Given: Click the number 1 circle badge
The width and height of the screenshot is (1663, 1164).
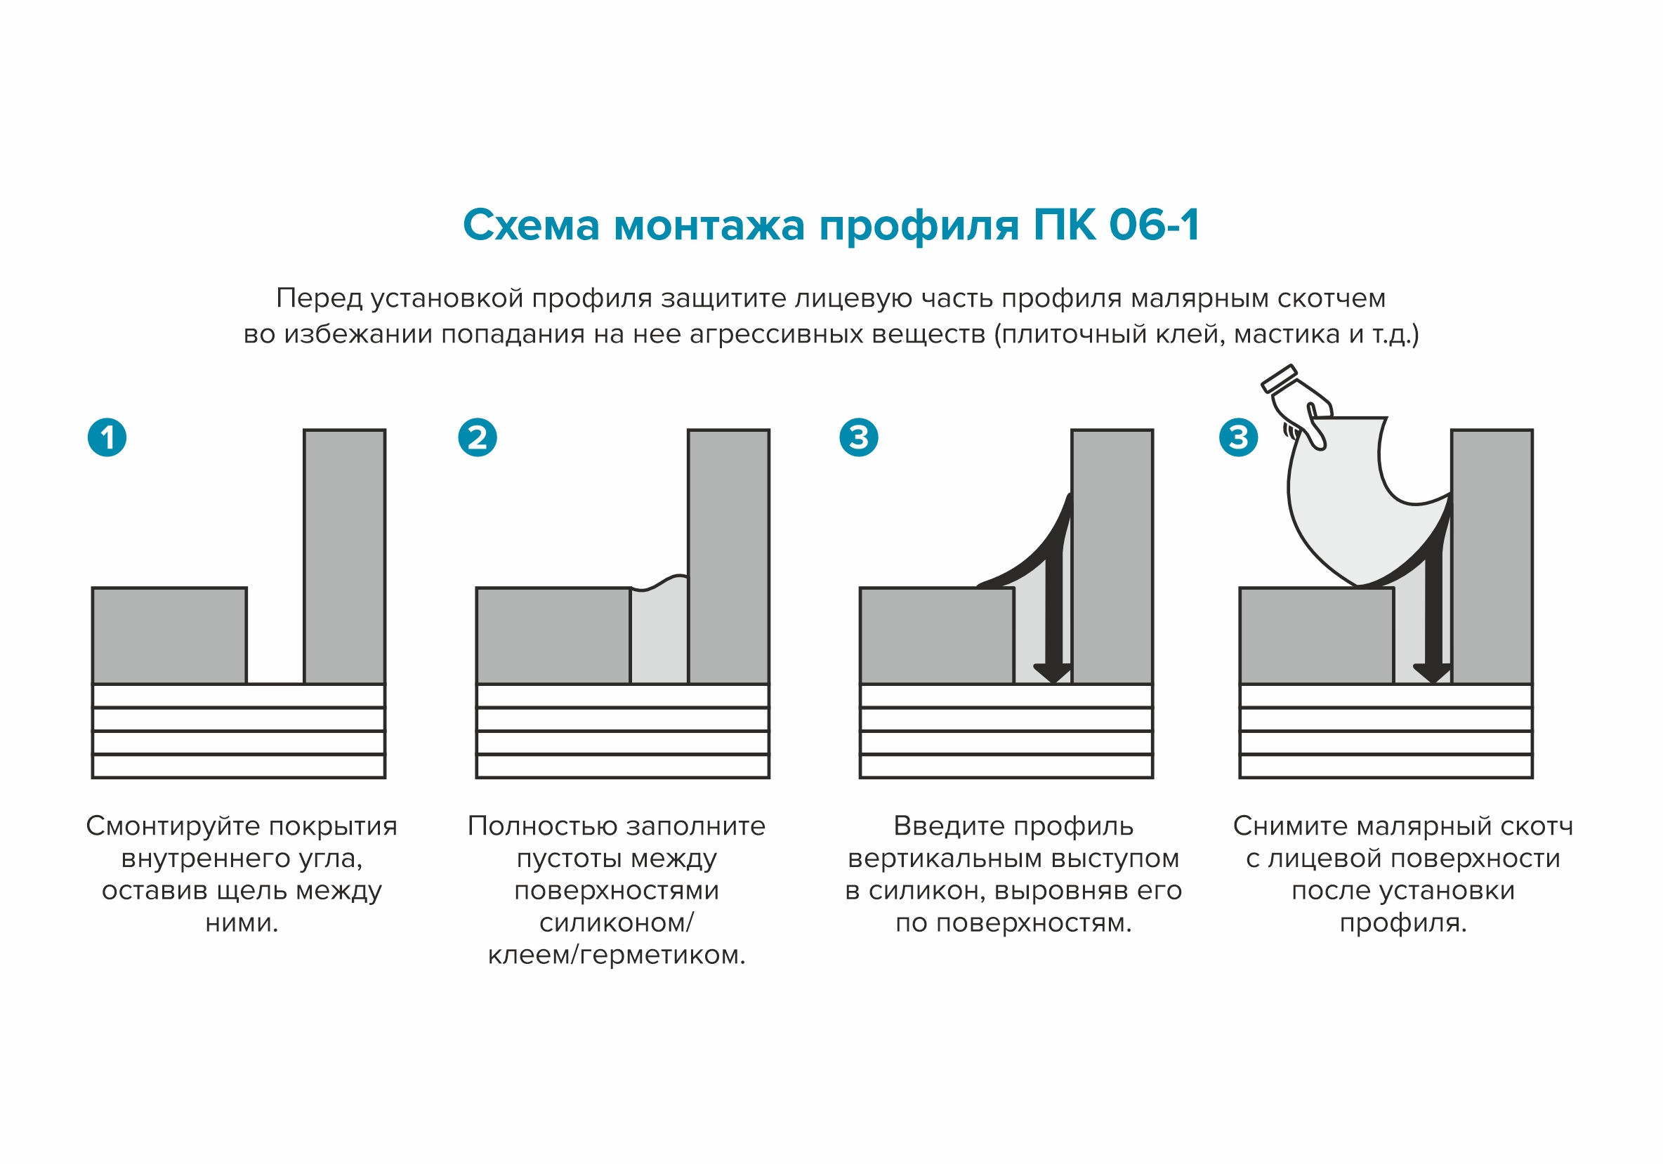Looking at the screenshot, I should pyautogui.click(x=107, y=437).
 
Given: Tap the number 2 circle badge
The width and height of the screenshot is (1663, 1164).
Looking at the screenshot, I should pyautogui.click(x=478, y=437).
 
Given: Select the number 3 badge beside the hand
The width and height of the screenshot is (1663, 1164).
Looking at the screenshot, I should pyautogui.click(x=1239, y=437).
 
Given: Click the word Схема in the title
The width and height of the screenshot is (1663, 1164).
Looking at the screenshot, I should pyautogui.click(x=531, y=225).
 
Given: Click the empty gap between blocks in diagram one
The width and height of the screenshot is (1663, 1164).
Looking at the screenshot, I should pyautogui.click(x=275, y=637).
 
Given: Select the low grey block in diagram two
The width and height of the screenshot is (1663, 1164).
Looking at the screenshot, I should pyautogui.click(x=553, y=635).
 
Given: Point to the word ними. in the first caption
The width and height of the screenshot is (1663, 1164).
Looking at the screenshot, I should pyautogui.click(x=242, y=923).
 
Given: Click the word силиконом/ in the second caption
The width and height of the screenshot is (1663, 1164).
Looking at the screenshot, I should pyautogui.click(x=617, y=923).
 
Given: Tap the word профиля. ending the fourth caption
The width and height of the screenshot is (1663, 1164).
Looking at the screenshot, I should pyautogui.click(x=1403, y=923).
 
